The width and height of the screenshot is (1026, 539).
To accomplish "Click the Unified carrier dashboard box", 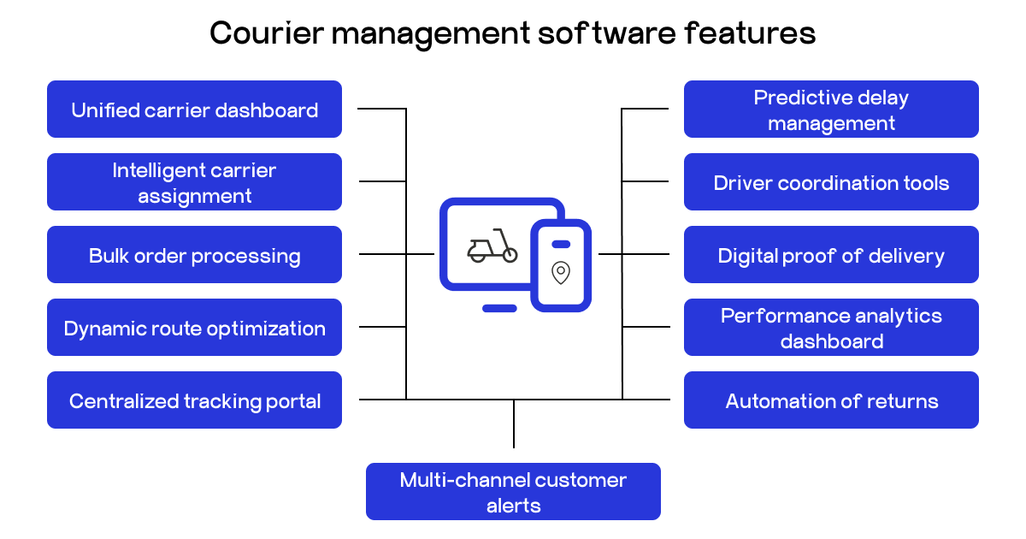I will tap(194, 110).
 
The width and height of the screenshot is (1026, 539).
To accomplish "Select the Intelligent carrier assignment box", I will tap(194, 182).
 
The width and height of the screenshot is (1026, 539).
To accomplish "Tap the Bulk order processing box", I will tap(194, 255).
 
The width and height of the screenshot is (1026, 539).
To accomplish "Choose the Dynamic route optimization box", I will tap(194, 328).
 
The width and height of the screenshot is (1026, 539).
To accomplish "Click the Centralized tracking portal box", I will tap(194, 400).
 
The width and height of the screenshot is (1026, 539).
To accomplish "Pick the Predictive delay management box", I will tap(831, 110).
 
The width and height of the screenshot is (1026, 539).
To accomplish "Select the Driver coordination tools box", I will tap(831, 182).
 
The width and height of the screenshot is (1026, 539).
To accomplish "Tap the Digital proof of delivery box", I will tap(831, 255).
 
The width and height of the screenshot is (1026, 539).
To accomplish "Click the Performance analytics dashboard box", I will tap(831, 328).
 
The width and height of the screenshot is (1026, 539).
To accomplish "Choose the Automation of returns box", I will tap(831, 400).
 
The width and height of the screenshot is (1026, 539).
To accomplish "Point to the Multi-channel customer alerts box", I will tap(513, 492).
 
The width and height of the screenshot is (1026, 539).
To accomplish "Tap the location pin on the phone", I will tap(561, 273).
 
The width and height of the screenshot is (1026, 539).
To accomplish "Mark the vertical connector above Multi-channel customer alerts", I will tap(514, 423).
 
